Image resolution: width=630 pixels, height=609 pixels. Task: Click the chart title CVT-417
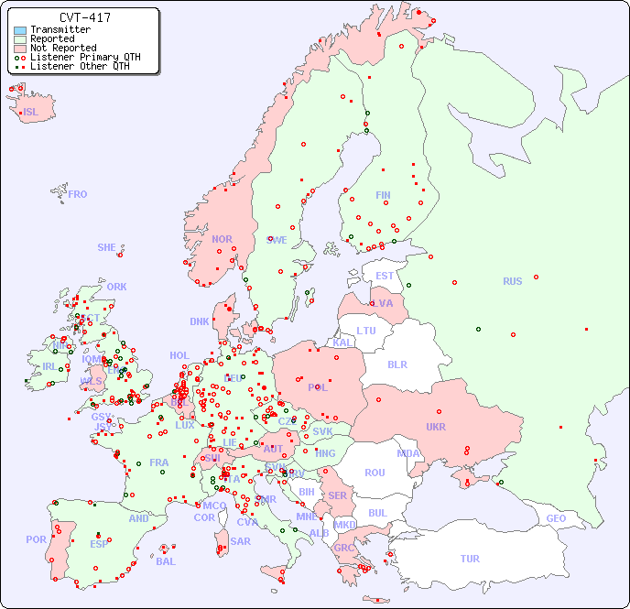84,17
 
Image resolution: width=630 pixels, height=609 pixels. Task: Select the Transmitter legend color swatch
20,30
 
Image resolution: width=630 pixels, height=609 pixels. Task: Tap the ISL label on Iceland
31,113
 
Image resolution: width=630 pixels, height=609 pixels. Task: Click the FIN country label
383,195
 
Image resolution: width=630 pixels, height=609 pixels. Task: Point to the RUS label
512,281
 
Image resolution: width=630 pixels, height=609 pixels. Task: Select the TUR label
470,559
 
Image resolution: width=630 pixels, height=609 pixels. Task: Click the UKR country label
436,427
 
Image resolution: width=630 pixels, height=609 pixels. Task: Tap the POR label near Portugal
36,539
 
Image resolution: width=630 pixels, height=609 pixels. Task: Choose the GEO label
556,518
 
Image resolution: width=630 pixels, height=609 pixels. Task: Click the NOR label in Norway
222,239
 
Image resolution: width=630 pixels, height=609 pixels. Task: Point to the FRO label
78,194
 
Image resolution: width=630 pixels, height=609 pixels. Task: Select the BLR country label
396,364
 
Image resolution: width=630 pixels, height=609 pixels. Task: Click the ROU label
375,473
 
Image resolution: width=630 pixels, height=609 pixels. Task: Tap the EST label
385,276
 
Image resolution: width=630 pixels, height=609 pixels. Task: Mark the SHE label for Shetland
106,247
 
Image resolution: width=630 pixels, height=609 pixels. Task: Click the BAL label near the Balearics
165,561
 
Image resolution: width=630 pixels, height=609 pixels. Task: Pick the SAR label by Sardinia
241,541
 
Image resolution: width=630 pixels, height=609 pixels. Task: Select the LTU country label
366,331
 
